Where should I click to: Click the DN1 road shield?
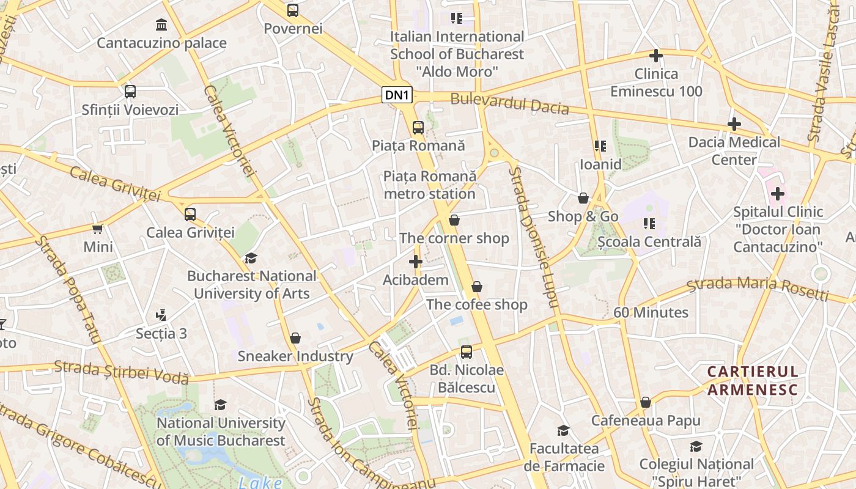point(397,95)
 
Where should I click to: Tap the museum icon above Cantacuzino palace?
point(161,25)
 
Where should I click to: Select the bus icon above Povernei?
point(293,10)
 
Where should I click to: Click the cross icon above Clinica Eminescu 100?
point(656,56)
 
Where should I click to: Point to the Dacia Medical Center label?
point(734,151)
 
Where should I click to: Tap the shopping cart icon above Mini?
point(98,229)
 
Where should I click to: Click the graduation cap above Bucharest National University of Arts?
point(251,259)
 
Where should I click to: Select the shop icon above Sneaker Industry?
point(295,338)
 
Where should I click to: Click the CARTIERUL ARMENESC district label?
point(753,381)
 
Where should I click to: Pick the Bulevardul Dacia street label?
point(510,105)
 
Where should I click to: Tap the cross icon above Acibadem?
point(416,262)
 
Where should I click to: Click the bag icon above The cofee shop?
point(477,287)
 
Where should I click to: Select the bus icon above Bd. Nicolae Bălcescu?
point(467,352)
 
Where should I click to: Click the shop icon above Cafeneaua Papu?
point(646,403)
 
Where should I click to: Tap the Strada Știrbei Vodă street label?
point(121,372)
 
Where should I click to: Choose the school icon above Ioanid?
point(600,146)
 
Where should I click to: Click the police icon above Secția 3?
point(161,315)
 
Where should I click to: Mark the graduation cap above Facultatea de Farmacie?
point(564,431)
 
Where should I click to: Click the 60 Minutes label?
point(651,312)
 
